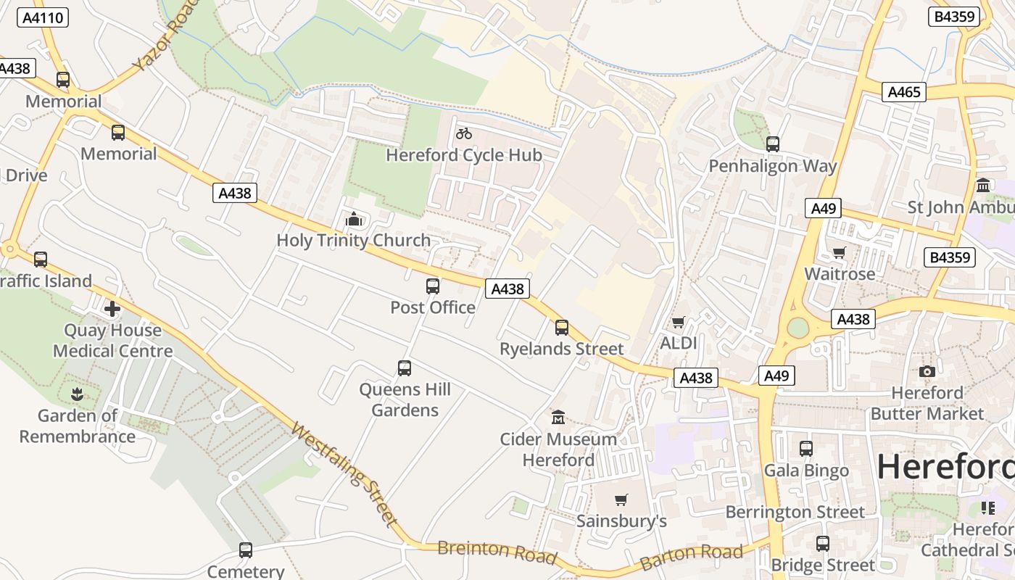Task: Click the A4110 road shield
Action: [42, 17]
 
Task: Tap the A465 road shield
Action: [904, 92]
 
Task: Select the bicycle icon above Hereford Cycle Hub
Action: [464, 133]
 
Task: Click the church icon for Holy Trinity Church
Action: [353, 218]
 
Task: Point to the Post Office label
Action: [433, 307]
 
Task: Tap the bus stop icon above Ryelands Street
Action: [562, 327]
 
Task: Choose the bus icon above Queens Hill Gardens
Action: [405, 368]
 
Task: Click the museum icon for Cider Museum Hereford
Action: [558, 418]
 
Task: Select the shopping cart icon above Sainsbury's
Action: [621, 500]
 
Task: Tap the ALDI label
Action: [679, 343]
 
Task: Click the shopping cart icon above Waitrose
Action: [840, 253]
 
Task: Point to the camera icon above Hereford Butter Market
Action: [927, 372]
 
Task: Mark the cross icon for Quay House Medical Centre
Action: [112, 310]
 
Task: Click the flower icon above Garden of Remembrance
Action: [77, 395]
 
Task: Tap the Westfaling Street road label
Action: [344, 475]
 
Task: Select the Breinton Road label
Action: [497, 552]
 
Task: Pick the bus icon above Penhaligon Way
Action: [773, 144]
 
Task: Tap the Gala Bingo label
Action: [806, 471]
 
